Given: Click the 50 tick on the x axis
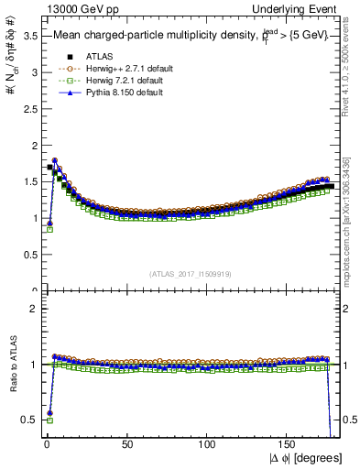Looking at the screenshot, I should coord(127,444).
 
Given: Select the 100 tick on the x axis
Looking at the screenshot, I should coord(208,444).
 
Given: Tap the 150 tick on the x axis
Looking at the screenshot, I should coord(289,444).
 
